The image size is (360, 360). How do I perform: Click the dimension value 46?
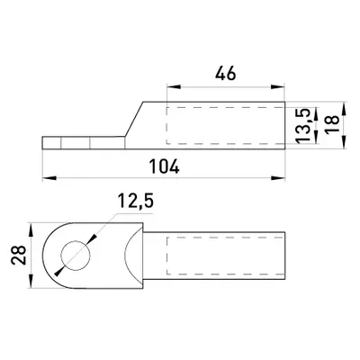pos(226,74)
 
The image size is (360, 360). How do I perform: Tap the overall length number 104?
pos(165,166)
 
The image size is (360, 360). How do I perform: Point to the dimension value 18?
pos(332,123)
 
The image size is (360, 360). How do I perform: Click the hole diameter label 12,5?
pos(136,201)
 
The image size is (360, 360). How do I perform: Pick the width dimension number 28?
pos(19,256)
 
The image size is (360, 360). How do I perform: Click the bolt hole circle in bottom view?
pos(76,256)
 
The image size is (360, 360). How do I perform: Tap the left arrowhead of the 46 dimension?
pos(174,87)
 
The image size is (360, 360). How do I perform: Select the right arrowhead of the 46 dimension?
pos(277,87)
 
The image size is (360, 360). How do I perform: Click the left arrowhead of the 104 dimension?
pos(49,178)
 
